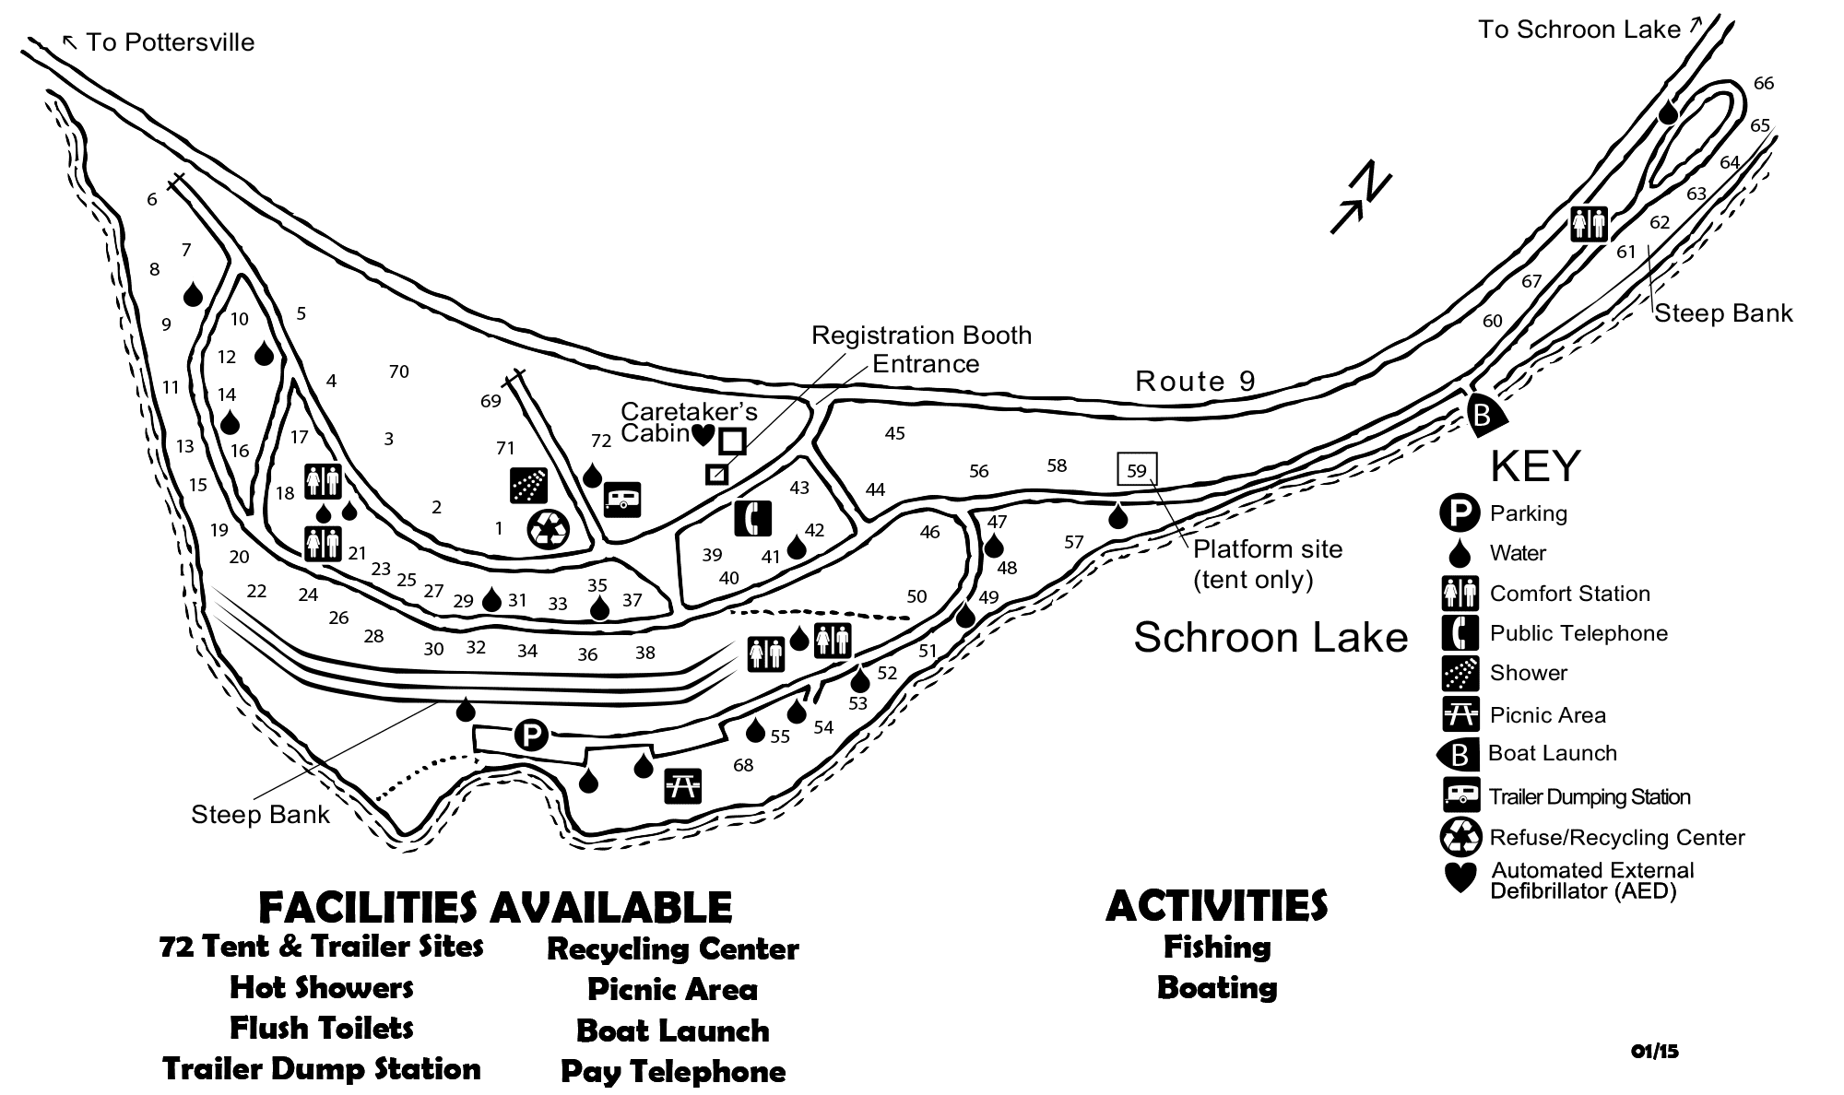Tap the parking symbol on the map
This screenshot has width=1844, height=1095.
[x=531, y=736]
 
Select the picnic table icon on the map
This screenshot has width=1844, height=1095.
[x=682, y=785]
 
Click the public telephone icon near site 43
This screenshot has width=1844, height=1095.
[x=752, y=518]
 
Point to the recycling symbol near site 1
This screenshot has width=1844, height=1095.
[x=549, y=529]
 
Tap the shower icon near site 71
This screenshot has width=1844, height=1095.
[x=528, y=485]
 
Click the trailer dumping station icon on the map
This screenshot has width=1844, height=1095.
[x=622, y=500]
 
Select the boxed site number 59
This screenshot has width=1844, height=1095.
[x=1137, y=470]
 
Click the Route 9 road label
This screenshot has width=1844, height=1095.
[x=1195, y=381]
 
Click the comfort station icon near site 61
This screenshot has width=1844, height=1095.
[x=1590, y=223]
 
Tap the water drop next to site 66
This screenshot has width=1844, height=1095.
[x=1668, y=112]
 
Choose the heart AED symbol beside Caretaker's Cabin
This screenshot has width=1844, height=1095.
[x=703, y=432]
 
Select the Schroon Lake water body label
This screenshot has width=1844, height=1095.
[x=1271, y=637]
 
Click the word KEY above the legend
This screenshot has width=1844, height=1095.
[x=1535, y=466]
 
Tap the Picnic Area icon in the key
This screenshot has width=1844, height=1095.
[x=1460, y=714]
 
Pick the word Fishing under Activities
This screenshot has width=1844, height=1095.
[x=1217, y=947]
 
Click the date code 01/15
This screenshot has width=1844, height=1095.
[x=1654, y=1051]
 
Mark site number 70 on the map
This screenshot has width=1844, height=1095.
[x=398, y=371]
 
